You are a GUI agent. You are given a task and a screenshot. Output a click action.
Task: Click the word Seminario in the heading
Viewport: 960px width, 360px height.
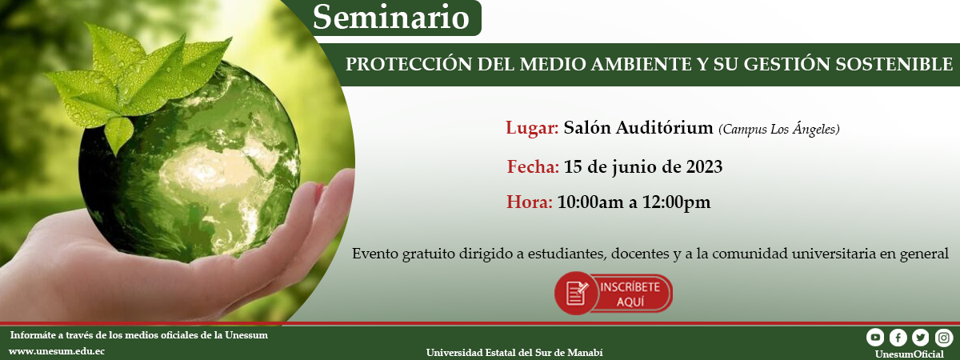[391, 18]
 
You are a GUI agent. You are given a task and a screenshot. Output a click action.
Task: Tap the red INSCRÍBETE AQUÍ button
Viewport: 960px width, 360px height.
[614, 294]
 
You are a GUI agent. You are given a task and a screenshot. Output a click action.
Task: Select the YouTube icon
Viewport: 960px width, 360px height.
[875, 338]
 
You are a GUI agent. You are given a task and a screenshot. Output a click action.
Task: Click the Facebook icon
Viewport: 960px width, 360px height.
[898, 338]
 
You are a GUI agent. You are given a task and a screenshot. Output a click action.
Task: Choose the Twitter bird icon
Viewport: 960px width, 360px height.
[921, 338]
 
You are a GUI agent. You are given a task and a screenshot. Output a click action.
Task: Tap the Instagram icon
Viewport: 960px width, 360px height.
[944, 338]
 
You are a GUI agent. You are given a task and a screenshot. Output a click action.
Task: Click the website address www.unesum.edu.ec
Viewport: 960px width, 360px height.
[57, 351]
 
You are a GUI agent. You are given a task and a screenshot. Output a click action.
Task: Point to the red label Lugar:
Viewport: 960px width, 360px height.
[532, 128]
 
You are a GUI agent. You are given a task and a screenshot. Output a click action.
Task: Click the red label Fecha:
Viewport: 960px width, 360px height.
[533, 166]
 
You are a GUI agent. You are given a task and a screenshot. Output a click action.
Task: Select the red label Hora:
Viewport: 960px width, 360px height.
[530, 202]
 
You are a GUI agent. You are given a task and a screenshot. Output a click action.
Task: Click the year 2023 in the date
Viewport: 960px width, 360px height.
[704, 166]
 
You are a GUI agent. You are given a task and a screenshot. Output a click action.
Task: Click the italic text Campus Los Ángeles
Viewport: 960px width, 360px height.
[778, 129]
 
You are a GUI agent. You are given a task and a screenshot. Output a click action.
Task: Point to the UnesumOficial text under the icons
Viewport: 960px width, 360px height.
[909, 354]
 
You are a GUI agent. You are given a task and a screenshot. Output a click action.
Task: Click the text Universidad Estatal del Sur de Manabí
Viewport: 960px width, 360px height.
[514, 353]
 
